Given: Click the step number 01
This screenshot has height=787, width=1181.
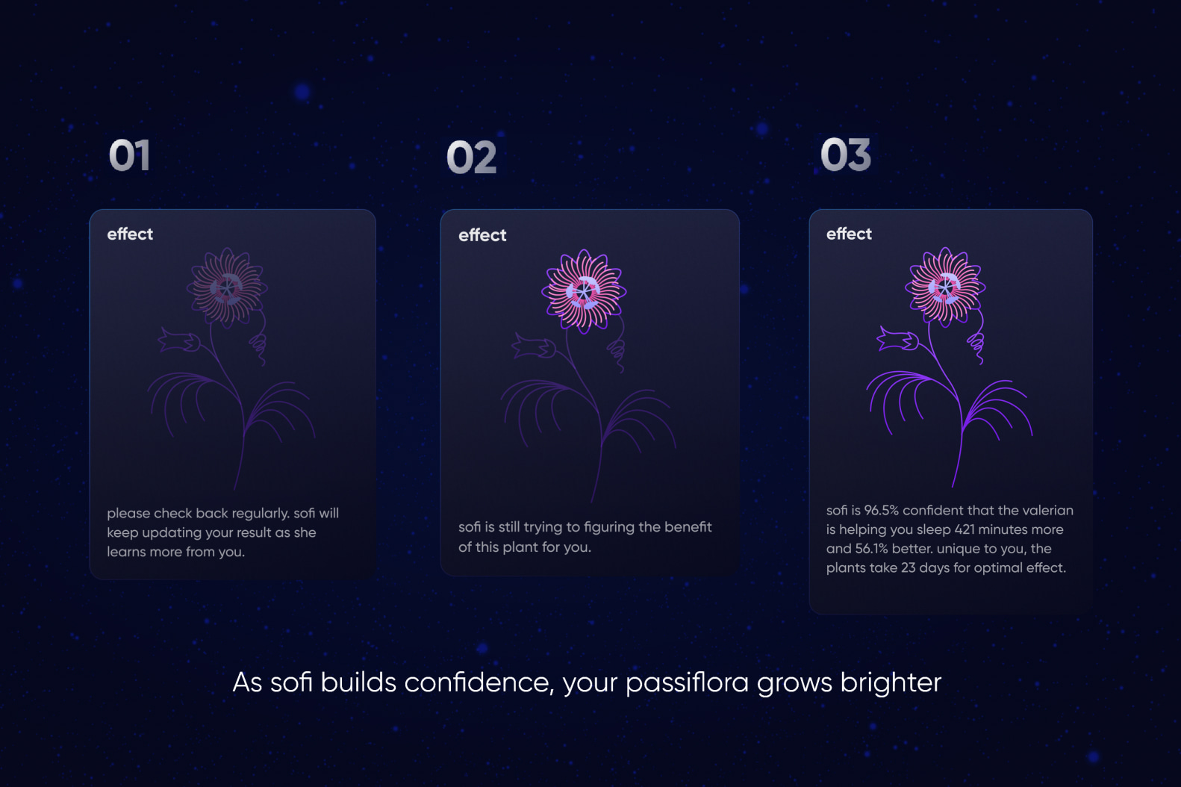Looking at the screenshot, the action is pyautogui.click(x=129, y=155).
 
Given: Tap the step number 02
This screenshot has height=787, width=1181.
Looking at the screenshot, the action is pyautogui.click(x=471, y=158).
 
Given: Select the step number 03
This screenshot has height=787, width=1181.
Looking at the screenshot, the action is pyautogui.click(x=846, y=155).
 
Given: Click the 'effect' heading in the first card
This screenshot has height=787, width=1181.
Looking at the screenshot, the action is pyautogui.click(x=130, y=234).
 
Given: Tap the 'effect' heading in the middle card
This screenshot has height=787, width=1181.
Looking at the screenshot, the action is pyautogui.click(x=482, y=234).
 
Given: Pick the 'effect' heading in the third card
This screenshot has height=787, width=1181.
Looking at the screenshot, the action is pyautogui.click(x=849, y=234).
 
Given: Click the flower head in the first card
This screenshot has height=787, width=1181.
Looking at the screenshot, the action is pyautogui.click(x=227, y=287).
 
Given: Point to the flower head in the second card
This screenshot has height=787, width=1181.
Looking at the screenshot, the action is pyautogui.click(x=585, y=291).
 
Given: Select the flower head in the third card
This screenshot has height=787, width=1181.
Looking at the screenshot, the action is pyautogui.click(x=945, y=287).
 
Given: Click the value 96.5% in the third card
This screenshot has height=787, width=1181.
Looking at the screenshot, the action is pyautogui.click(x=881, y=511).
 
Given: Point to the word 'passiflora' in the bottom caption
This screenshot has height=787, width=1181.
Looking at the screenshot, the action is pyautogui.click(x=688, y=682).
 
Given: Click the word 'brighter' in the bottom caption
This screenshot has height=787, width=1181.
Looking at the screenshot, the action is pyautogui.click(x=891, y=682).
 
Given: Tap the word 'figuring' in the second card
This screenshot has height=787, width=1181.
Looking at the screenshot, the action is pyautogui.click(x=608, y=527).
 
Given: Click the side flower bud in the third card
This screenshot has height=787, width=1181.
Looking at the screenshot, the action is pyautogui.click(x=897, y=339).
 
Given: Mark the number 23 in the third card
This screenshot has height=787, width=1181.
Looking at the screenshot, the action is pyautogui.click(x=908, y=568).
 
